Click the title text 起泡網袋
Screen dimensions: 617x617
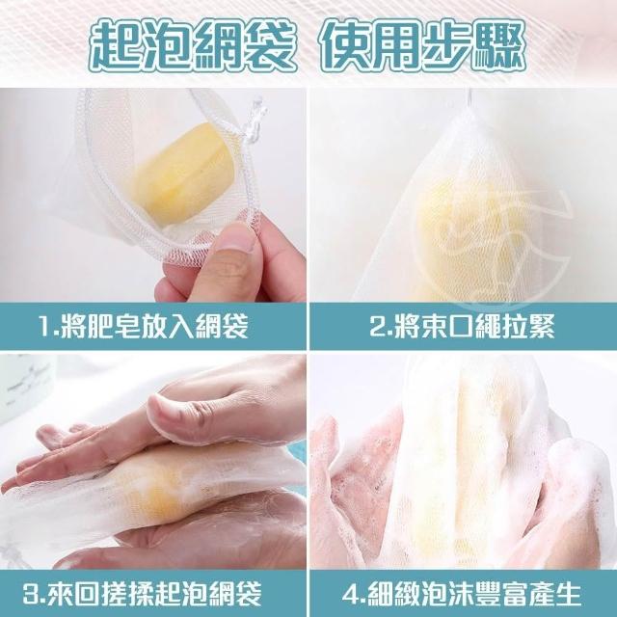click(191, 45)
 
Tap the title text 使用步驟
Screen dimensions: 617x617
click(424, 45)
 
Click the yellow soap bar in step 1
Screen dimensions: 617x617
click(185, 172)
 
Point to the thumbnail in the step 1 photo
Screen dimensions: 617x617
click(232, 239)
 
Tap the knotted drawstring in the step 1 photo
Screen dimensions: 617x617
click(255, 120)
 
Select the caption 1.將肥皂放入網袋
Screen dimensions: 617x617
click(144, 326)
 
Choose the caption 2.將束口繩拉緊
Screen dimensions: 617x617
click(462, 326)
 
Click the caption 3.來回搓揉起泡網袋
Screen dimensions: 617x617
click(142, 593)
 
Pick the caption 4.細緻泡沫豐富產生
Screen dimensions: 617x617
click(462, 593)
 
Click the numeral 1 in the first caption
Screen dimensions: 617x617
click(45, 326)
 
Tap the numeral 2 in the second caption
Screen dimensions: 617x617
click(378, 326)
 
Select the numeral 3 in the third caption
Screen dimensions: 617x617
click(31, 593)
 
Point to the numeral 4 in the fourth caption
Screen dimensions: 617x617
click(351, 593)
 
